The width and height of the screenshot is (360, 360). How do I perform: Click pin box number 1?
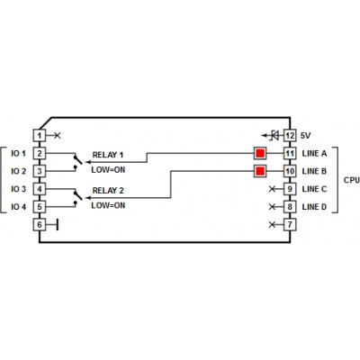coord(40,136)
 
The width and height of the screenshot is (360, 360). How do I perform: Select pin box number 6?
coord(40,225)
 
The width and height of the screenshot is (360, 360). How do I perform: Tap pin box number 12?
coord(290,136)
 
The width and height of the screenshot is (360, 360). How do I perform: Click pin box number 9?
coord(290,189)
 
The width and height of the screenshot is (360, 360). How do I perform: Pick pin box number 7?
coord(290,225)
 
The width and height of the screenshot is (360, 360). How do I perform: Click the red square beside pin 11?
coord(260,154)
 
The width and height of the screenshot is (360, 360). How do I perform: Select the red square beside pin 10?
coord(260,171)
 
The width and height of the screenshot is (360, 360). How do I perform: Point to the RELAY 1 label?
coord(108,155)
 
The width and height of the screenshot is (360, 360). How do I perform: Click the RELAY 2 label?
coord(108,191)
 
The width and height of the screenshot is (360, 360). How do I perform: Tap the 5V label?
coord(306,136)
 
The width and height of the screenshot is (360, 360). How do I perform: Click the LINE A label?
coord(314,154)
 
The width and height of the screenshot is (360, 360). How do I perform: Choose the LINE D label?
coord(314,207)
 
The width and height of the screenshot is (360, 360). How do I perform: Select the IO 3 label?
coord(19,189)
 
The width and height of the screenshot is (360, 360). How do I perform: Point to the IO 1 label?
coord(19,154)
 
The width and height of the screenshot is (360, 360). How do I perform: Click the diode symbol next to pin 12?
coord(274,136)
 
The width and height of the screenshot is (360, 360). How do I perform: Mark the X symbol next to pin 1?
coord(57,136)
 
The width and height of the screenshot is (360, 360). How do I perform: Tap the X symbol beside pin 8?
coord(272,207)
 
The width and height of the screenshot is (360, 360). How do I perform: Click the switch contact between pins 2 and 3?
coord(77,162)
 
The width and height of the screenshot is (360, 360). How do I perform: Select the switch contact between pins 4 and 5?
coord(77,198)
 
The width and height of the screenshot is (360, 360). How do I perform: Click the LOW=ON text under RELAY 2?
coord(108,205)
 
